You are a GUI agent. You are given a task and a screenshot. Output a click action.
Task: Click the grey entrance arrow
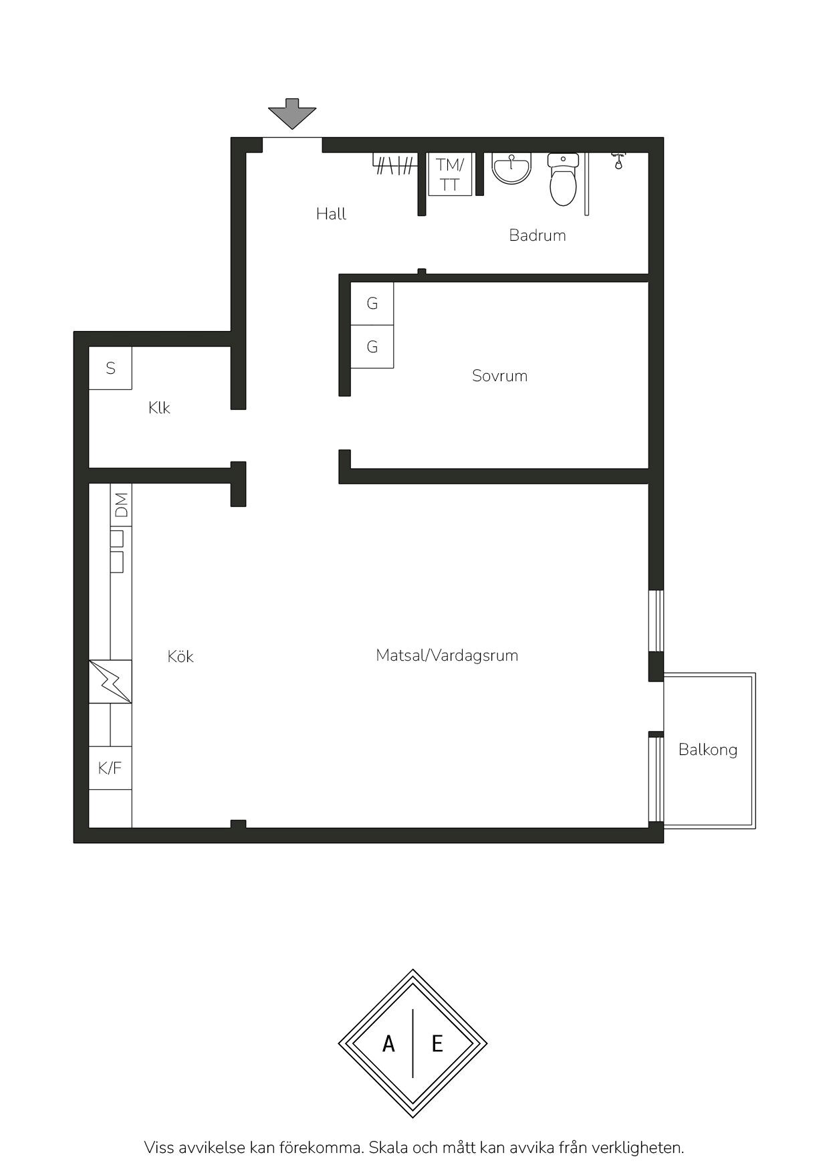[292, 114]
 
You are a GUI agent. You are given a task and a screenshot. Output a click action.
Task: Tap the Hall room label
[331, 214]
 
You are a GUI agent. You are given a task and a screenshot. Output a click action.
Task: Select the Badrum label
[538, 235]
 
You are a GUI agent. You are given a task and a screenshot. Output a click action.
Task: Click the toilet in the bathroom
[563, 179]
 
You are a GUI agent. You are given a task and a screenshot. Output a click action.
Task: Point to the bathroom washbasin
[511, 168]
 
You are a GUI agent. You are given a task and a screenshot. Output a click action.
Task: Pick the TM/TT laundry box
[450, 174]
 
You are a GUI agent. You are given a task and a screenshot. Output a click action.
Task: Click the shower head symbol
[619, 161]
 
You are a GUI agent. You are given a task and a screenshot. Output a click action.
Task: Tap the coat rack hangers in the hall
[394, 165]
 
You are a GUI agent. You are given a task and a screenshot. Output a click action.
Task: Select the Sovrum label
[499, 376]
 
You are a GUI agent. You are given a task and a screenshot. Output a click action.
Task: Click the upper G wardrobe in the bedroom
[372, 304]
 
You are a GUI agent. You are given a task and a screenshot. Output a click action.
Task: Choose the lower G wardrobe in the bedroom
[372, 346]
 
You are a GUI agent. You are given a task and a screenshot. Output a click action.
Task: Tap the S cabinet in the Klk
[110, 368]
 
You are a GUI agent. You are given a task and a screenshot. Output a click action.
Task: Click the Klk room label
[159, 408]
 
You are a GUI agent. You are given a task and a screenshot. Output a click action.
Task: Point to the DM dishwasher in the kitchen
[121, 505]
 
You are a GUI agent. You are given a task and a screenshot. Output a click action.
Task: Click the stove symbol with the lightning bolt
[110, 681]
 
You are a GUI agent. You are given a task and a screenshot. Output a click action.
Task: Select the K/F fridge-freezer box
[110, 768]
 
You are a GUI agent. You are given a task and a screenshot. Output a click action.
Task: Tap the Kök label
[181, 656]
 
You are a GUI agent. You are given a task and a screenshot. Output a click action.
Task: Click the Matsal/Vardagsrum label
[447, 655]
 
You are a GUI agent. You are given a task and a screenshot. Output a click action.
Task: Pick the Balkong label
[708, 750]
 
